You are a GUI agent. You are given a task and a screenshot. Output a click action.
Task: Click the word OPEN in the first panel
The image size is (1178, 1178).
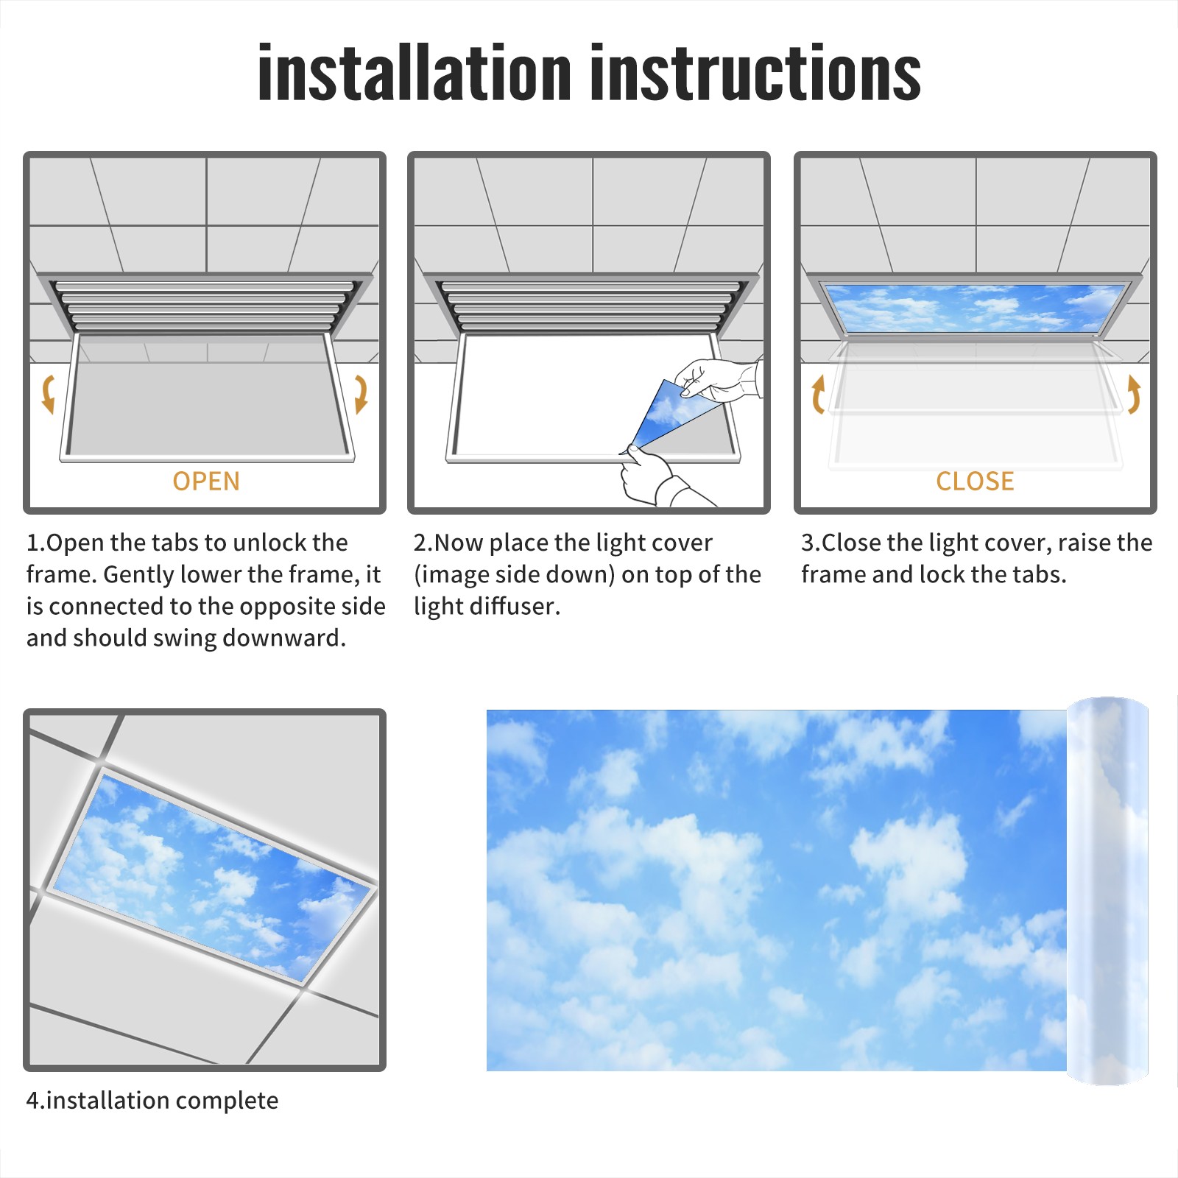point(206,482)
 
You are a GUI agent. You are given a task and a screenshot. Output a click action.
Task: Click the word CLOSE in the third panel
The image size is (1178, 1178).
point(975,482)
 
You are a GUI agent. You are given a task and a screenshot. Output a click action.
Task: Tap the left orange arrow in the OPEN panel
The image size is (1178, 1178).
point(49,394)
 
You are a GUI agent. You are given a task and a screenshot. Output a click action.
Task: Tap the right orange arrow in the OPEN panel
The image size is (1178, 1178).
point(361,394)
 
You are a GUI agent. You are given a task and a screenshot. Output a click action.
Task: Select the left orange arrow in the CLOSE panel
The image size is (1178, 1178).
point(817,394)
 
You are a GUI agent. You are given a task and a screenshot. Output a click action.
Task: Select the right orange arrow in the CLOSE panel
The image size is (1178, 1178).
point(1134,394)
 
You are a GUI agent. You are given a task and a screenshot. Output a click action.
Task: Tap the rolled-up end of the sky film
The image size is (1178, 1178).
point(1107,891)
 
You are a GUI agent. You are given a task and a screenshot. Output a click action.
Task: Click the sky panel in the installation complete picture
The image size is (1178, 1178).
point(214,876)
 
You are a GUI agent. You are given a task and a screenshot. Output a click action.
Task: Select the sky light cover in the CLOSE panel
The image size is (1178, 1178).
point(975,307)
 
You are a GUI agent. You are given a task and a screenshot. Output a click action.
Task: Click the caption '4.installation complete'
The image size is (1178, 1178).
point(152,1101)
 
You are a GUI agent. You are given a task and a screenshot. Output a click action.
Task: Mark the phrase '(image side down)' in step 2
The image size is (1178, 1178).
point(515,575)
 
